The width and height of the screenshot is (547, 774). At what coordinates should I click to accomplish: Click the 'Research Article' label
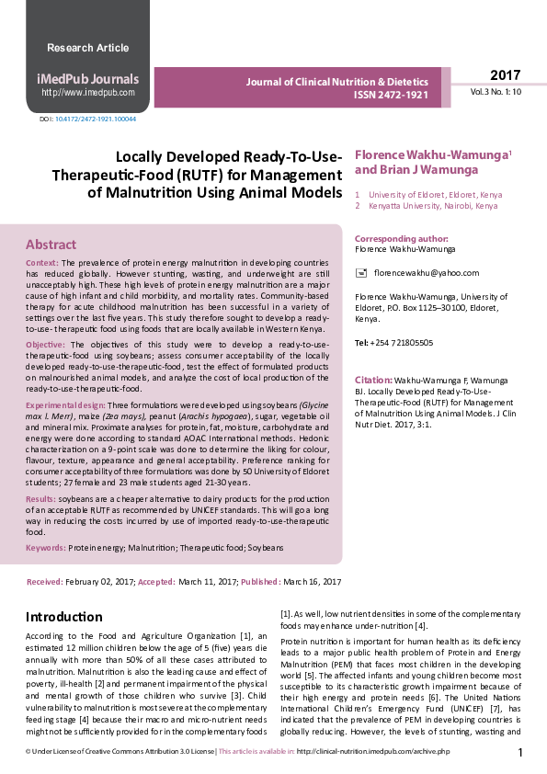[87, 48]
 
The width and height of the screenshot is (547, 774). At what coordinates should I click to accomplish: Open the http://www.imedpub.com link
[88, 93]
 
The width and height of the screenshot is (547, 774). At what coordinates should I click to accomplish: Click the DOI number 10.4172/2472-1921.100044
[96, 119]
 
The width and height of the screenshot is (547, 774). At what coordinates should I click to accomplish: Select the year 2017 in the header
[505, 75]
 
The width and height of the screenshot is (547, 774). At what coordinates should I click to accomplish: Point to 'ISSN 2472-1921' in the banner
[391, 95]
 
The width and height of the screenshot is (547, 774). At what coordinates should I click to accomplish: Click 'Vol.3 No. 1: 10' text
[496, 93]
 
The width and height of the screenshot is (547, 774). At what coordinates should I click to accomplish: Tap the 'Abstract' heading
[51, 245]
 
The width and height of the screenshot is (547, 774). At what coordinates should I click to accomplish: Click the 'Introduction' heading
[63, 616]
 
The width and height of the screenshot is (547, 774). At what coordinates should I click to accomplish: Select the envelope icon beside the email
[361, 273]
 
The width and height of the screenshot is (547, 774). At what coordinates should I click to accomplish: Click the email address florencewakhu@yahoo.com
[420, 273]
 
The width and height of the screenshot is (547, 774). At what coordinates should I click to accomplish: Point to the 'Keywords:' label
[46, 547]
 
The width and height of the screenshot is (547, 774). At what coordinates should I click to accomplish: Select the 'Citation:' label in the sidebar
[374, 380]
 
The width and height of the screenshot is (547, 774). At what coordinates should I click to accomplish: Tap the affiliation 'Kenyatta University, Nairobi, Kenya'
[433, 207]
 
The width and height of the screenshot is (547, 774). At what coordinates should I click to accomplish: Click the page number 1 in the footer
[520, 753]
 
